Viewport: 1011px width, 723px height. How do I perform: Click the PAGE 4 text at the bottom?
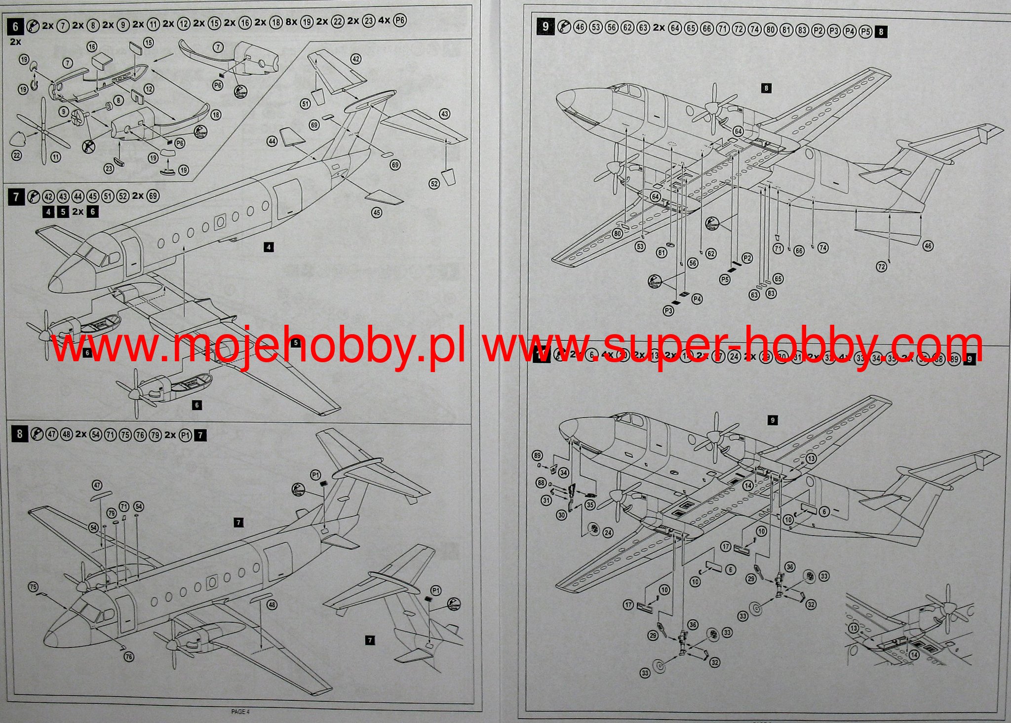(240, 711)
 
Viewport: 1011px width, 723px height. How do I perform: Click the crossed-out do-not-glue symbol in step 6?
(89, 146)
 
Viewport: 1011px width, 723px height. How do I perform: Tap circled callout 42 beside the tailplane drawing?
(356, 59)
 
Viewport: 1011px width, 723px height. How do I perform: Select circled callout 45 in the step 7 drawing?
(377, 213)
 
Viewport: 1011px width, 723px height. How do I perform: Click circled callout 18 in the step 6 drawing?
(216, 115)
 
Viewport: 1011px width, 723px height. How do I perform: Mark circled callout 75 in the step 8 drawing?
(33, 587)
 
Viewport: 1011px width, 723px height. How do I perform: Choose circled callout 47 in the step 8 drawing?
(97, 485)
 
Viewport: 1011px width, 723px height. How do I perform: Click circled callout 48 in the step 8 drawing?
(272, 605)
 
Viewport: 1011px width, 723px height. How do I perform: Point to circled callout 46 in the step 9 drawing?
(928, 246)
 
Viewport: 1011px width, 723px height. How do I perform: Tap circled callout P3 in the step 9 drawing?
(668, 311)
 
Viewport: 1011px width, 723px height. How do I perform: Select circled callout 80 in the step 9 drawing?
(618, 233)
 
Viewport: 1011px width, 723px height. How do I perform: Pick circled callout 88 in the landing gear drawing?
(542, 483)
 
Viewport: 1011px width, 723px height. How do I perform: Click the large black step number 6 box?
(16, 26)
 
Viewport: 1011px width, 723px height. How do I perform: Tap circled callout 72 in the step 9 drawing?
(881, 267)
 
